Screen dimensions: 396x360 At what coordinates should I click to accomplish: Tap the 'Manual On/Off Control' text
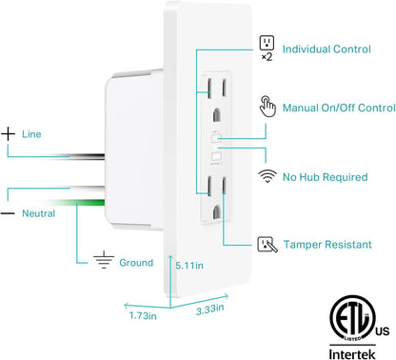tap(339, 108)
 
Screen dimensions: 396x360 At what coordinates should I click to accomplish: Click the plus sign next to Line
tap(10, 135)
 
